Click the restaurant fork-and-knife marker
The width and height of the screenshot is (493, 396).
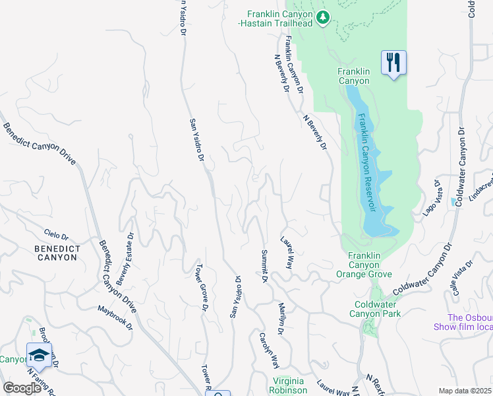(x=393, y=63)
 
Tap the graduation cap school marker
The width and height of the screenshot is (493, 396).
(x=39, y=355)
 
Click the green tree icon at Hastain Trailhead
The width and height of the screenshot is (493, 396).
(x=323, y=18)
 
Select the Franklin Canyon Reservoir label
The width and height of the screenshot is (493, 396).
(x=368, y=162)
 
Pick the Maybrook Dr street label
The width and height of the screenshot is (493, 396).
(x=115, y=317)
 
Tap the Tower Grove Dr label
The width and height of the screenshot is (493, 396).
(x=201, y=288)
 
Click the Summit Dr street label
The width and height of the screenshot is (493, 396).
(x=264, y=267)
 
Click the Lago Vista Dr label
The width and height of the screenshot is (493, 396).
(x=430, y=197)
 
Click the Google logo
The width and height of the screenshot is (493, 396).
(x=22, y=387)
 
